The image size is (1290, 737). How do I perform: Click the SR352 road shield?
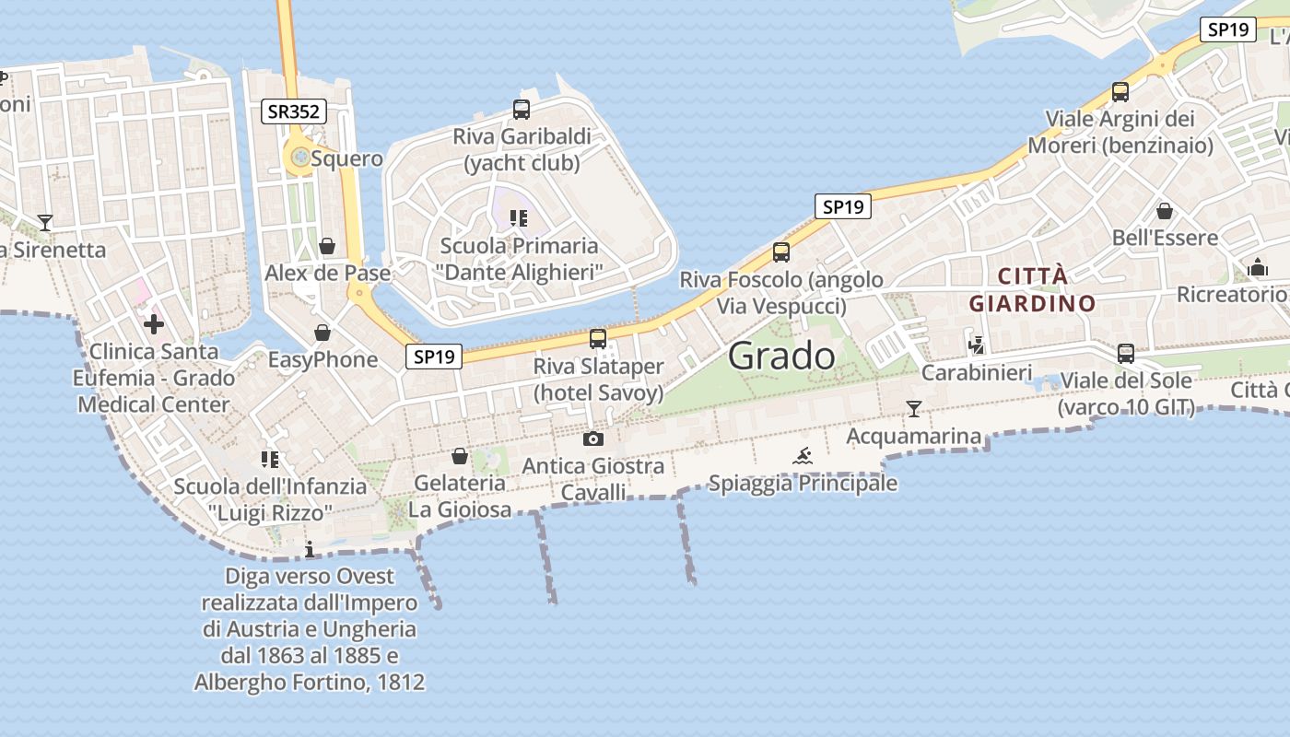point(294,111)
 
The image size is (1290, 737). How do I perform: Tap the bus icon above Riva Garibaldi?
point(522,110)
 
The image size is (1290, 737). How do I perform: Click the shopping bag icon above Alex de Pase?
point(326,246)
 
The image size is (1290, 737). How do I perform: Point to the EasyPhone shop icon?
point(322,333)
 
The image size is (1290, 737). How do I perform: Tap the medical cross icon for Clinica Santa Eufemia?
point(154,324)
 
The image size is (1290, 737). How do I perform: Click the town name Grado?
point(781,356)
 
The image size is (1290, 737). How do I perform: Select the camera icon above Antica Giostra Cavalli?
point(593,439)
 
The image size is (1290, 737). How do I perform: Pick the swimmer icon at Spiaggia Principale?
point(803,456)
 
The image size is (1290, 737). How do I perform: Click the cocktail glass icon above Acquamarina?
point(913,409)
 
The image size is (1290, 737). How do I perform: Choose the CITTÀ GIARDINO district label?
point(1032,289)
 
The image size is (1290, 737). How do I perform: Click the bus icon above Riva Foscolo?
point(781,252)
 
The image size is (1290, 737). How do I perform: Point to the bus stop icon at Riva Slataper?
point(598,338)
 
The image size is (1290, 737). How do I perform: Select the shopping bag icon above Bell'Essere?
point(1165,211)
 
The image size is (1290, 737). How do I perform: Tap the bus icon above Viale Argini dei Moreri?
point(1120,92)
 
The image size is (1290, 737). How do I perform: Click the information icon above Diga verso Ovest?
point(310,549)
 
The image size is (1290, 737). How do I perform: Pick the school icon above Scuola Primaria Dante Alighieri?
point(519,218)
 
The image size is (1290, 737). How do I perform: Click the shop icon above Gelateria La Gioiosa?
point(460,456)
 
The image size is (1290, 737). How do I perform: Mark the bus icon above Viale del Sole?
point(1125,353)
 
